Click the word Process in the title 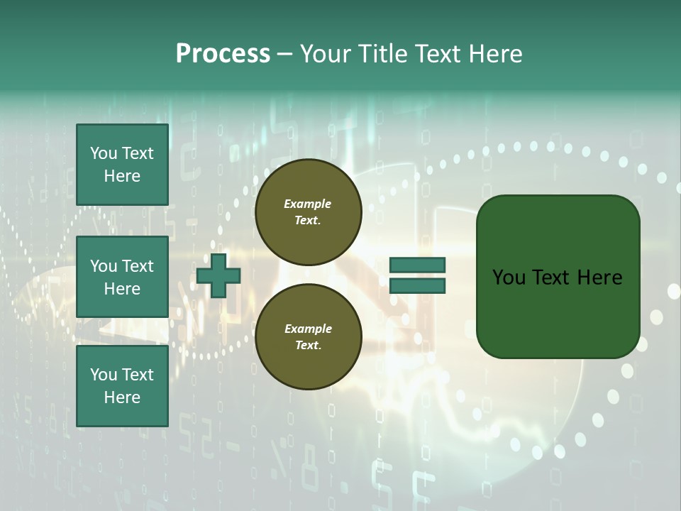223,54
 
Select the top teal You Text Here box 122,165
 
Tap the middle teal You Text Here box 122,277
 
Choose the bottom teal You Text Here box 122,385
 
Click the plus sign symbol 218,275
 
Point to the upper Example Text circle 308,212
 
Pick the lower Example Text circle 308,337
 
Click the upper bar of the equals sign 417,265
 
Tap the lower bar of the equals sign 417,286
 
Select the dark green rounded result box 558,277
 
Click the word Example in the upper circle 308,204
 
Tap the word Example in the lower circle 308,329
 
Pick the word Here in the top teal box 122,176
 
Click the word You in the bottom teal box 104,375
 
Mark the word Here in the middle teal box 122,289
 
